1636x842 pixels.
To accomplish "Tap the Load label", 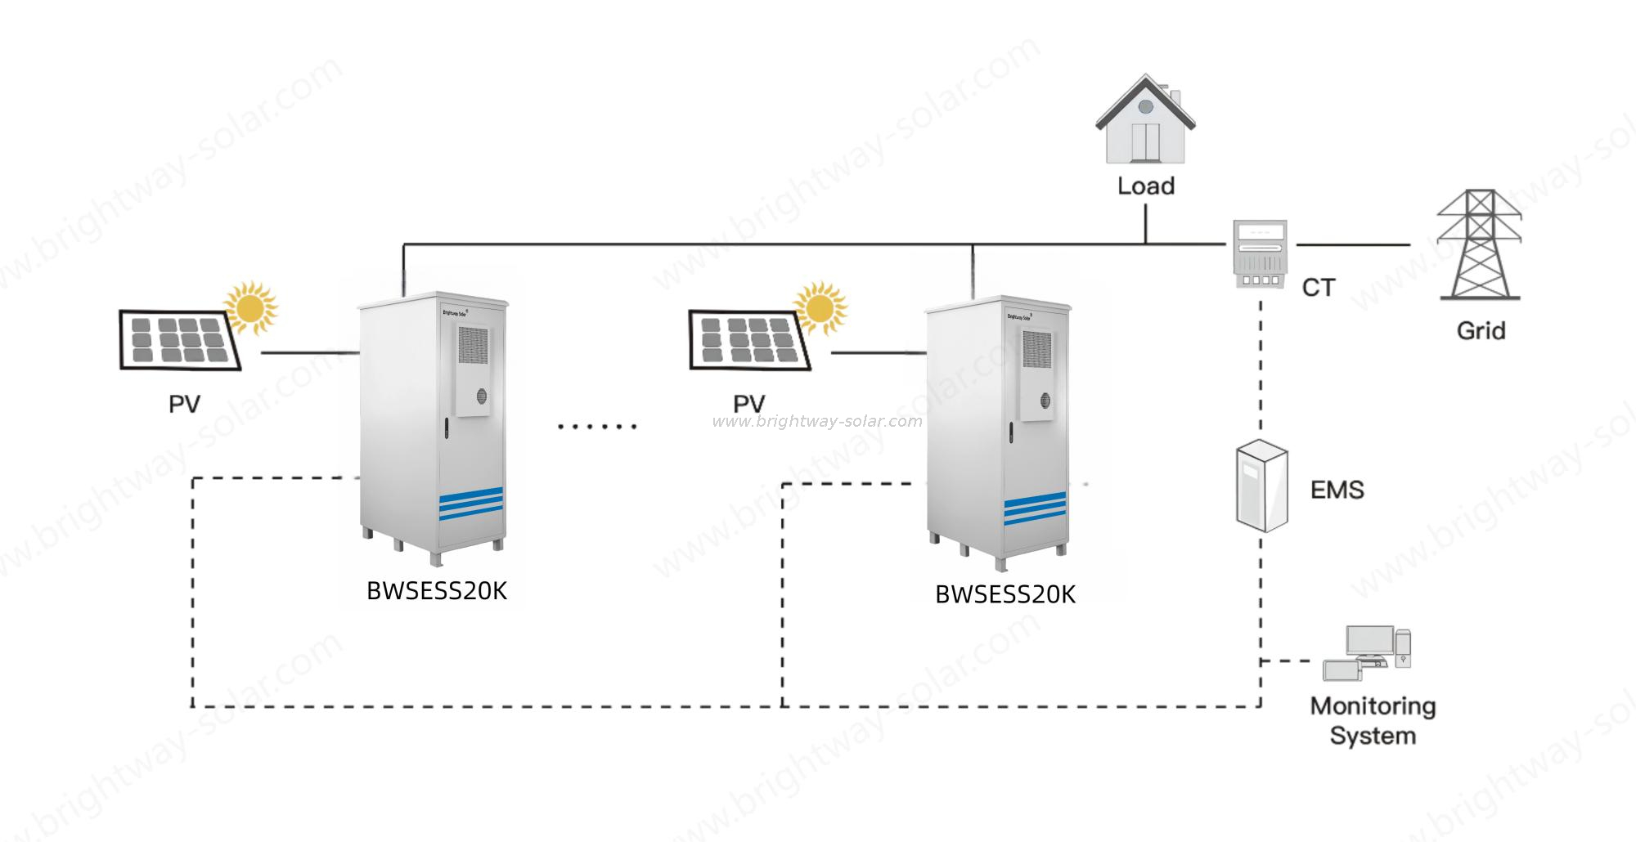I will tap(1145, 186).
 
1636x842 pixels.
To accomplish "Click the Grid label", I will tap(1481, 331).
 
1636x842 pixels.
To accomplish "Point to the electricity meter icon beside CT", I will tap(1260, 253).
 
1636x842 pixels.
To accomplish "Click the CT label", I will tap(1318, 288).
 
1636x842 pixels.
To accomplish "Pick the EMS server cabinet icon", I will tap(1261, 486).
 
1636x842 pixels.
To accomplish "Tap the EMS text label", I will tap(1337, 490).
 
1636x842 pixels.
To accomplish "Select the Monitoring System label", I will tap(1373, 720).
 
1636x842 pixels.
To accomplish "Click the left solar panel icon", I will tap(180, 339).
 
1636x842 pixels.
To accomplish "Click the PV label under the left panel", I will tap(184, 403).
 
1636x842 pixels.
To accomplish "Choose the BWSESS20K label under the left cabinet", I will tap(436, 591).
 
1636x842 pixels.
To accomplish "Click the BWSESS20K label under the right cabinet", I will tap(1005, 594).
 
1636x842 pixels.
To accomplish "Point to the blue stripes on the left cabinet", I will tap(470, 503).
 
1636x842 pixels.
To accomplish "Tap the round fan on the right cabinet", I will tap(1045, 401).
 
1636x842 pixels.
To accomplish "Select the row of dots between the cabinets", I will tap(596, 426).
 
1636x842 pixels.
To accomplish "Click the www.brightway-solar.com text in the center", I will tap(816, 422).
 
